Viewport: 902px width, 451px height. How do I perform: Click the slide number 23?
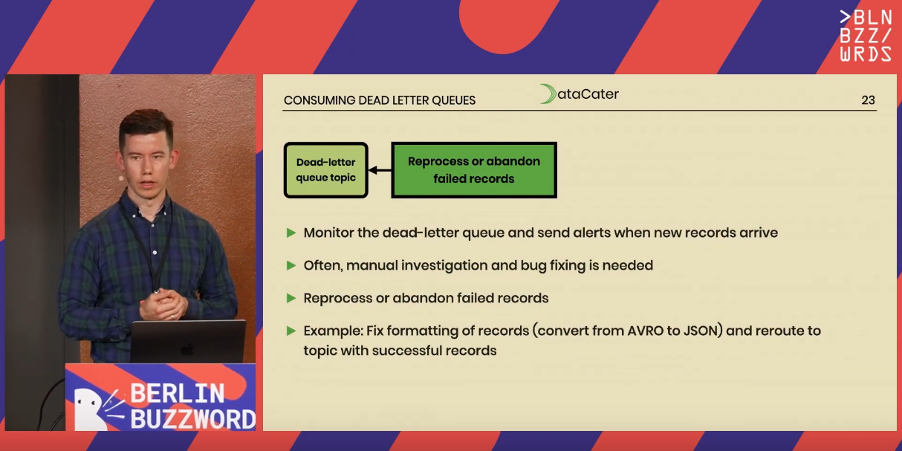point(868,100)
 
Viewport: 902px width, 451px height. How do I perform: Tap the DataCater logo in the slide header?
point(579,94)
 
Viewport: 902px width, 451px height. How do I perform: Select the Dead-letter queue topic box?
point(325,170)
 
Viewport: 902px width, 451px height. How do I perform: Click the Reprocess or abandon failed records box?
point(474,170)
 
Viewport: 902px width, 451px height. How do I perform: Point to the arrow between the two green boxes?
point(380,170)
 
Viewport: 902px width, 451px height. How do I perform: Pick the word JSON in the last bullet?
point(701,331)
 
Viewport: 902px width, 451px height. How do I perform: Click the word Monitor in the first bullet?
point(328,233)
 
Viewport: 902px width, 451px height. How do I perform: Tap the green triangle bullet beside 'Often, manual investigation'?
point(291,265)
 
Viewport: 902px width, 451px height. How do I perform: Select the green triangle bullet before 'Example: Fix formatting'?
point(291,331)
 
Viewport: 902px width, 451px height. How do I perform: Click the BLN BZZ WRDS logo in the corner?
point(866,36)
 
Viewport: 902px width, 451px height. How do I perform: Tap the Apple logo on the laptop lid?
point(186,348)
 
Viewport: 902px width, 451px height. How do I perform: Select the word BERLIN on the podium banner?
point(177,393)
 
